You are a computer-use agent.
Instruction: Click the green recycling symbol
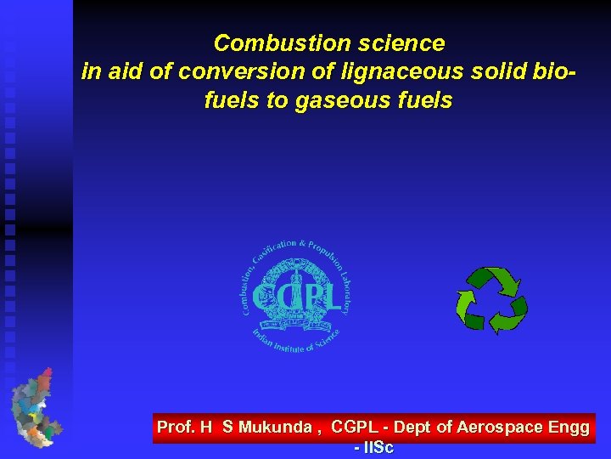491,300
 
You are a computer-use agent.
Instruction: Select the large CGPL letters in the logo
296,297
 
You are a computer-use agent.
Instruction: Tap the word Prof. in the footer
177,428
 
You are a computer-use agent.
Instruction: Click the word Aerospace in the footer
500,428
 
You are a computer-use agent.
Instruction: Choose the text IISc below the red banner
378,447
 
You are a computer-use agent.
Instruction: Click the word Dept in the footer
412,428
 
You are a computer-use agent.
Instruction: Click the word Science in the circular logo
322,337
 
